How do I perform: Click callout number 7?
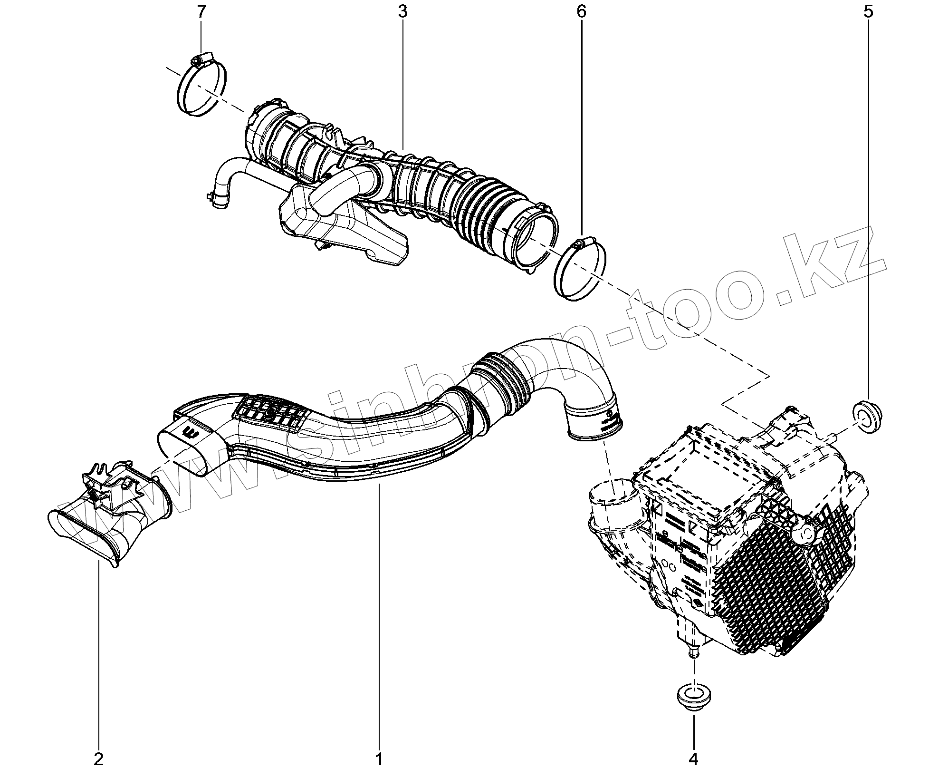pyautogui.click(x=201, y=12)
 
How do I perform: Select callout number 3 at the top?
pyautogui.click(x=402, y=12)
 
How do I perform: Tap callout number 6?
pyautogui.click(x=581, y=12)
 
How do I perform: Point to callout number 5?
pyautogui.click(x=868, y=12)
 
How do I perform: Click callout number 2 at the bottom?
pyautogui.click(x=99, y=759)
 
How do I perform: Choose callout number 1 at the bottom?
pyautogui.click(x=379, y=759)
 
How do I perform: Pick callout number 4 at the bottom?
pyautogui.click(x=693, y=759)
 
